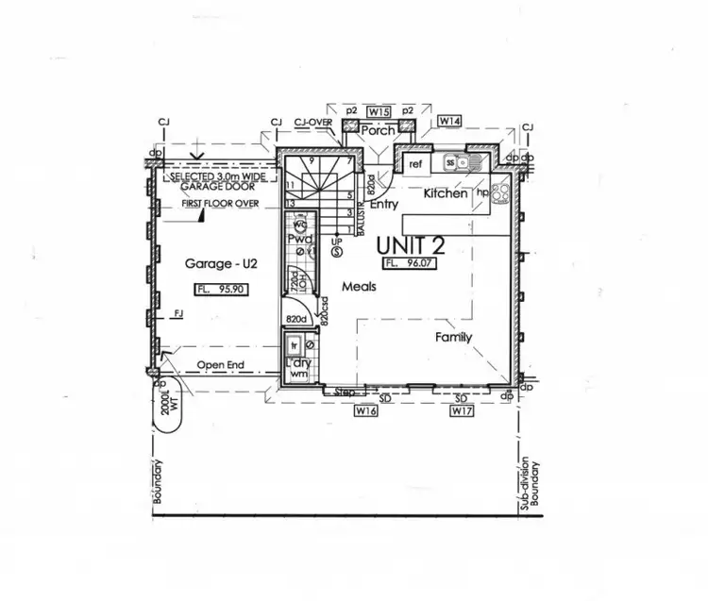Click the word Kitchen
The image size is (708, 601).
pos(446,193)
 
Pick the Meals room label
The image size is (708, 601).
pos(360,287)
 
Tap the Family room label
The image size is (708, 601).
pos(453,337)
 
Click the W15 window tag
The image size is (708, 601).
pos(379,111)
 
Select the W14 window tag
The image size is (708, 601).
pos(448,122)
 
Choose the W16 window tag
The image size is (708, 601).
pos(365,412)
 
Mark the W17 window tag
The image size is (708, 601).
pos(461,412)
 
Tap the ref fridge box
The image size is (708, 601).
pos(414,164)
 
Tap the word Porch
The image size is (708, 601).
pos(378,131)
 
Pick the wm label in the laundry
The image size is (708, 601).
pos(298,375)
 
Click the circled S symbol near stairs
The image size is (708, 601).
pos(337,251)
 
